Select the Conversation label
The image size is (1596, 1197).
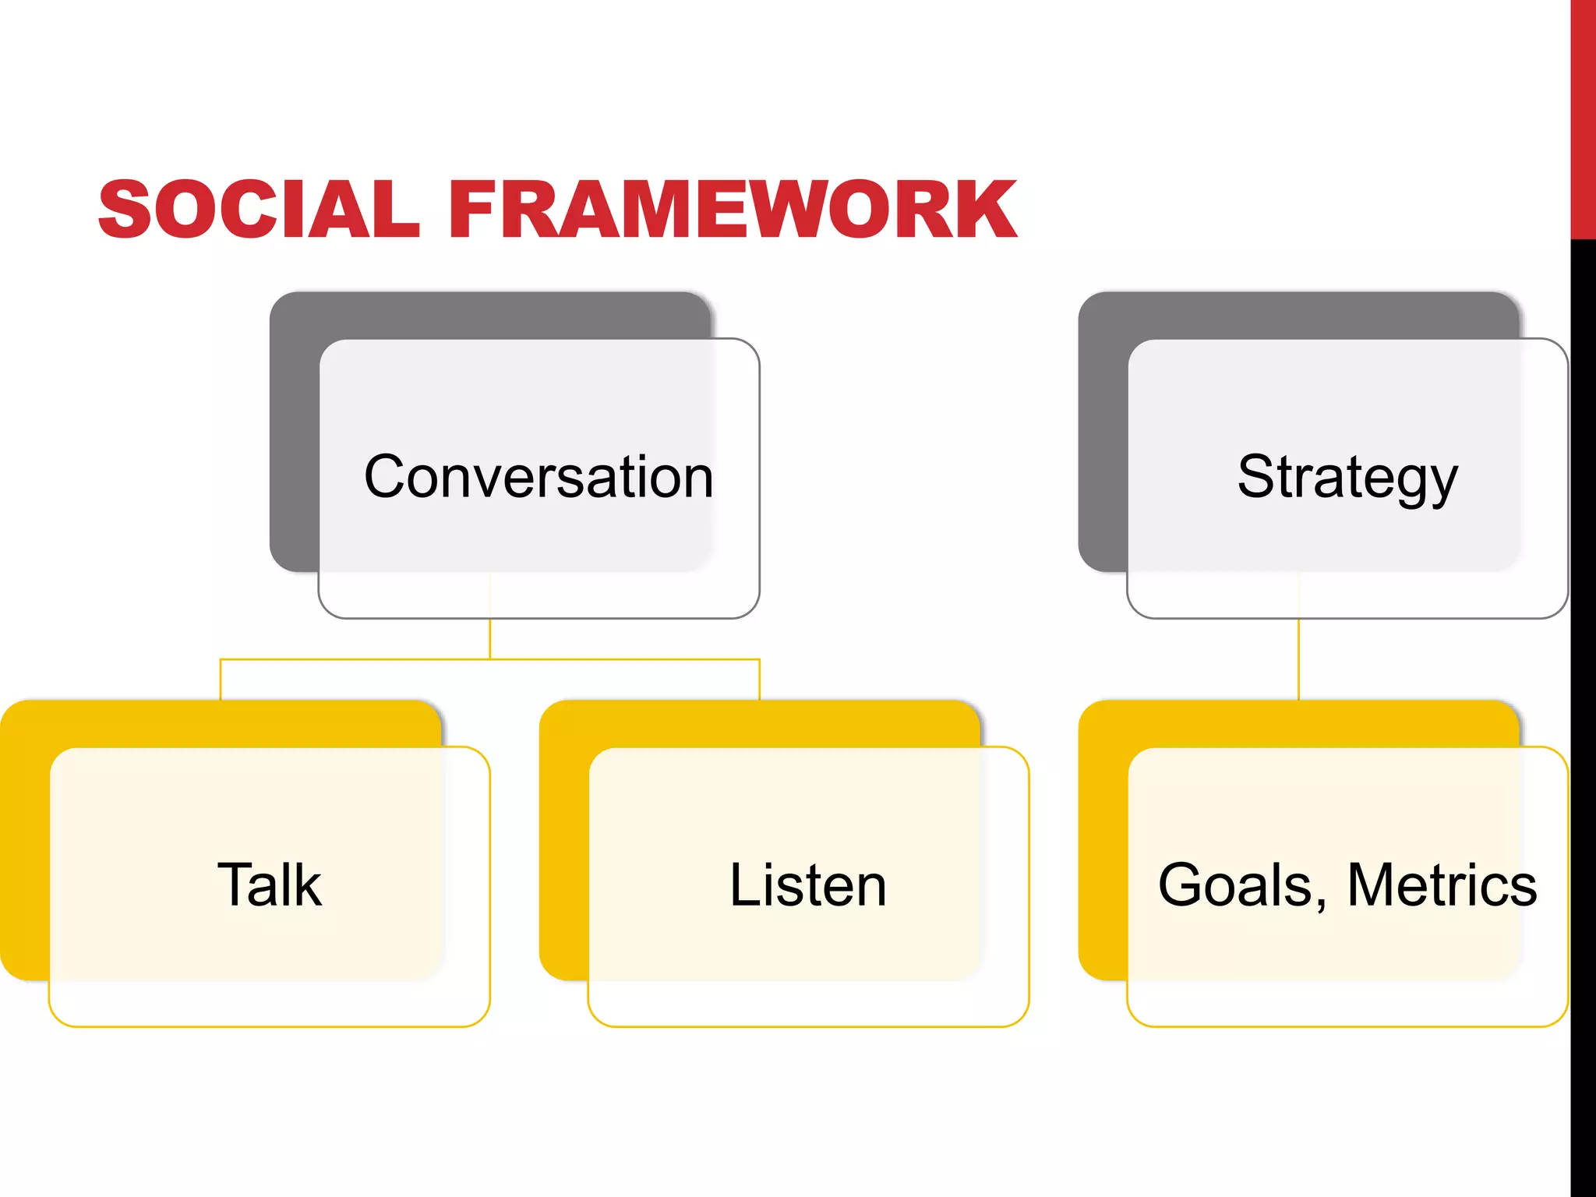tap(538, 476)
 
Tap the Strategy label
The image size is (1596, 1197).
tap(1347, 476)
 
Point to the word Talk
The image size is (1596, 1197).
tap(270, 885)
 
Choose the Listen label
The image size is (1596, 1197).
tap(808, 885)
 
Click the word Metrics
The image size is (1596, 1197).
tap(1442, 885)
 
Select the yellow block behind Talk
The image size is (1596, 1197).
tap(23, 842)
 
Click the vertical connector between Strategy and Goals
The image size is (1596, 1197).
tap(1298, 659)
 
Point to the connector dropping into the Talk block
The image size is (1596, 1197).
tap(221, 680)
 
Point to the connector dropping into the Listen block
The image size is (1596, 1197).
tap(759, 680)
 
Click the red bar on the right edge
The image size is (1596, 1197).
tap(1583, 117)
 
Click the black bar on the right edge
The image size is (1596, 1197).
tap(1583, 701)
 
